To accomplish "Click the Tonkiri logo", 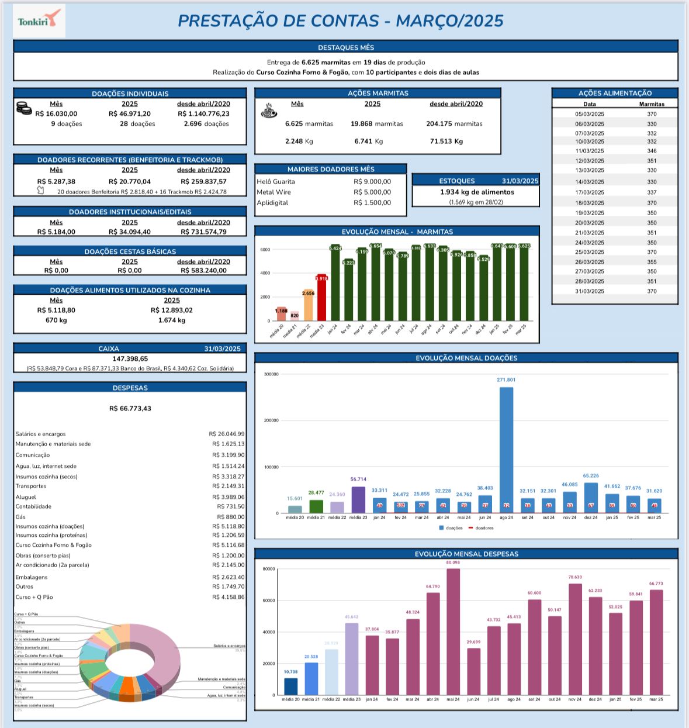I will coord(38,22).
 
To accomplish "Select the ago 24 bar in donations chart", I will coord(506,450).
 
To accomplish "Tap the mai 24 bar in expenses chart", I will coord(453,632).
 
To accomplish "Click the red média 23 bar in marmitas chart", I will coord(321,298).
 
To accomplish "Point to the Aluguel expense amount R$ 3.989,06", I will coord(228,497).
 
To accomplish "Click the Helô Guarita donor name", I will coord(276,182).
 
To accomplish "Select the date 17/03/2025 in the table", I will coord(590,192).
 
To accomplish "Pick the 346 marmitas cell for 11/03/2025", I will coord(652,151).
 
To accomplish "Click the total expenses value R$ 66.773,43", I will coord(130,408).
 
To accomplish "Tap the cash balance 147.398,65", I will coord(130,358).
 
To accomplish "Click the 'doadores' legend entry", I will coord(484,528).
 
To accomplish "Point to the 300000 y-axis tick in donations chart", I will coord(271,374).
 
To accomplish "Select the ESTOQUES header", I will coord(457,181).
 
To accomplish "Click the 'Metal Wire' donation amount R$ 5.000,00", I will coord(372,192).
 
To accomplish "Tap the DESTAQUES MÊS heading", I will coord(345,47).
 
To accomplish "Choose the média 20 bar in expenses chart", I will coord(290,686).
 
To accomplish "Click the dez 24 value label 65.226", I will coord(591,476).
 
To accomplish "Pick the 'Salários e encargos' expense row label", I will coord(41,434).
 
